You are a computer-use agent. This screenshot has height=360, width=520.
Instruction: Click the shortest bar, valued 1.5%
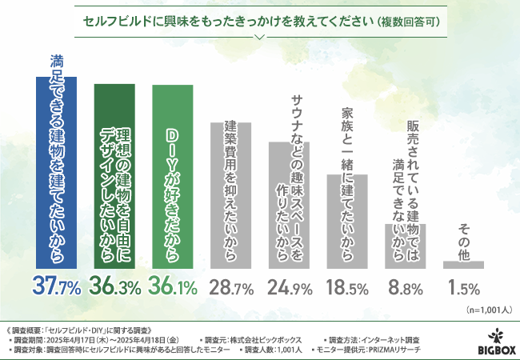pyautogui.click(x=464, y=263)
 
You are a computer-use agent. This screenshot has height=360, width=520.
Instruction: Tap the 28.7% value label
pyautogui.click(x=230, y=285)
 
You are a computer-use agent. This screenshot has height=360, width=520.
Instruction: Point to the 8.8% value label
pyautogui.click(x=406, y=285)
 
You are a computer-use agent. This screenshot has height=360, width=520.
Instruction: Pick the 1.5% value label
pyautogui.click(x=464, y=285)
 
